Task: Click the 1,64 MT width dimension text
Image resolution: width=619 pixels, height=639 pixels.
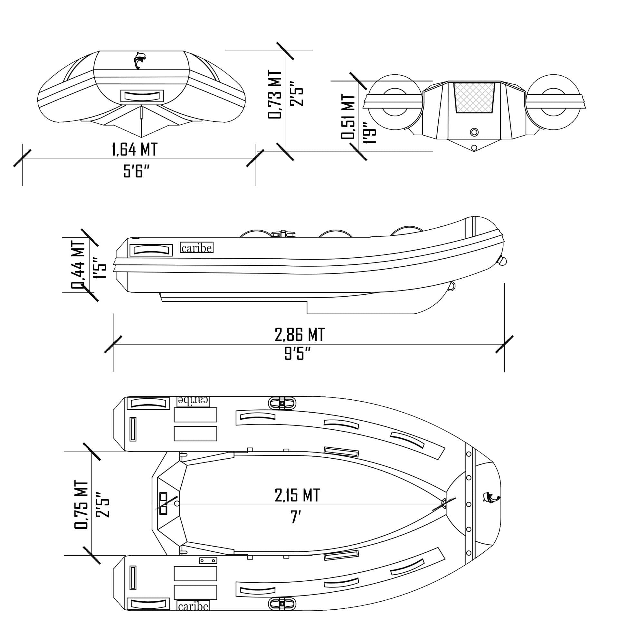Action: tap(134, 149)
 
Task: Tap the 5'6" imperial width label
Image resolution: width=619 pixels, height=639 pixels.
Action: tap(136, 171)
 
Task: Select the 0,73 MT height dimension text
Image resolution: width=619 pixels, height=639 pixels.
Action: tap(274, 95)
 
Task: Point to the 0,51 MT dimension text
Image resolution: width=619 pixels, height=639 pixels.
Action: tap(348, 116)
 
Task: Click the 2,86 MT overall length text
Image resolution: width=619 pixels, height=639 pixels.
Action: tap(300, 335)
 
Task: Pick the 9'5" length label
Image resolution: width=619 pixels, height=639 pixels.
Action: tap(297, 353)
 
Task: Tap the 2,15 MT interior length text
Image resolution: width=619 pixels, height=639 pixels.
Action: tap(297, 495)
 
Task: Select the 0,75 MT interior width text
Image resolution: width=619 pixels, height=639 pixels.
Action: tap(81, 504)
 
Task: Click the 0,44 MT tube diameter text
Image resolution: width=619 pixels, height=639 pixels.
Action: tap(78, 265)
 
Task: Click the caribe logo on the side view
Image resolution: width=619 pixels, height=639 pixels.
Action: tap(196, 248)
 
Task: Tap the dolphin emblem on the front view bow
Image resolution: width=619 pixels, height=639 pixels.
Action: tap(139, 60)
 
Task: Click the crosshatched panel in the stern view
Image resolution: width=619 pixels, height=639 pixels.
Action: tap(474, 98)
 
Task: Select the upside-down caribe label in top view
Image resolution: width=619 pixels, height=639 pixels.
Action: tap(193, 401)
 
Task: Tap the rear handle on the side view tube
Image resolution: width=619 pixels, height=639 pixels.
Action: tap(151, 250)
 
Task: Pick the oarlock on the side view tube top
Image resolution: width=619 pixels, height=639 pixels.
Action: tap(283, 234)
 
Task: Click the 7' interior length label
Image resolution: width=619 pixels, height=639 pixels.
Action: tap(296, 517)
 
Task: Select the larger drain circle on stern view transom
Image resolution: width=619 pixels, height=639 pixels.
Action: tap(474, 132)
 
